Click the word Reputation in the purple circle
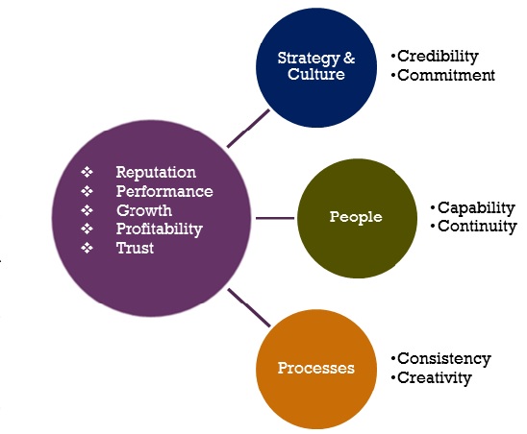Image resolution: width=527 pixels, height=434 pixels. click(156, 173)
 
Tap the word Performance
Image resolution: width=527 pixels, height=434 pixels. click(164, 192)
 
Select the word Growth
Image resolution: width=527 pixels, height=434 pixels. click(144, 211)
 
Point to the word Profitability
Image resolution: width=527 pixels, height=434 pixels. click(160, 229)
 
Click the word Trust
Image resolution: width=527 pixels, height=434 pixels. click(135, 249)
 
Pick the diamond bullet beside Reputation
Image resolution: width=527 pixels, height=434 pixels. click(87, 172)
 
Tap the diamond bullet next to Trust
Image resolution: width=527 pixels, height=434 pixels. click(87, 248)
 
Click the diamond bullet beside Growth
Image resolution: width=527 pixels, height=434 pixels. click(87, 210)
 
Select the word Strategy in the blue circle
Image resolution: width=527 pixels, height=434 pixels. click(309, 59)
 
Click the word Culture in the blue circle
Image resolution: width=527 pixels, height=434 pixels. click(316, 74)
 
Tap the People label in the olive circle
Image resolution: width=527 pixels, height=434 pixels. click(356, 217)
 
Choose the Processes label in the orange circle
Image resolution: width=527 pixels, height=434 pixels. click(316, 368)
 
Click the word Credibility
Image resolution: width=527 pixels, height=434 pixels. click(438, 57)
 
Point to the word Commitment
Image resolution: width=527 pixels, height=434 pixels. click(446, 75)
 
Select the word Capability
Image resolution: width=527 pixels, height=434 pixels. click(476, 208)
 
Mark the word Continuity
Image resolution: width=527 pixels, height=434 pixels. click(477, 227)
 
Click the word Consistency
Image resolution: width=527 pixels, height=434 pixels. click(444, 359)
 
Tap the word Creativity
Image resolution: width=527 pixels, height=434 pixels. click(435, 378)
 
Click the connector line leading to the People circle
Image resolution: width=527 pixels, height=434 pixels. click(275, 218)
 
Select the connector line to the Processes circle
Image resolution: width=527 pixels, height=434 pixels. click(249, 307)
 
